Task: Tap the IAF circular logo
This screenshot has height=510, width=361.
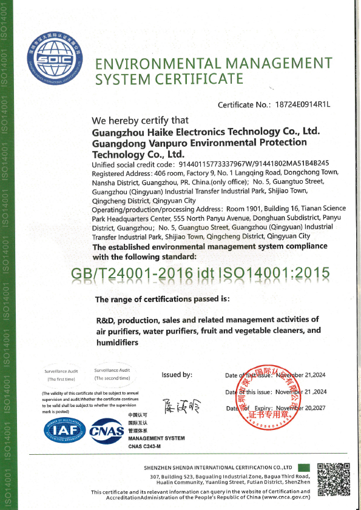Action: (60, 431)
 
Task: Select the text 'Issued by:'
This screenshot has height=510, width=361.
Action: (177, 375)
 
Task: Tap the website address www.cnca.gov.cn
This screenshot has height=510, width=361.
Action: (285, 497)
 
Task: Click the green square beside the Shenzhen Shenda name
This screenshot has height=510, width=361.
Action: (304, 468)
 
